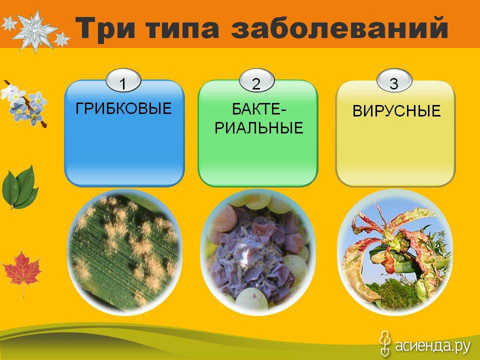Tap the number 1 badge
[x=123, y=81]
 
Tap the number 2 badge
[x=256, y=81]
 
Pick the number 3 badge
[x=394, y=81]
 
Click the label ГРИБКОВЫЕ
[x=123, y=108]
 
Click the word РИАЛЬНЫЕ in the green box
[x=258, y=127]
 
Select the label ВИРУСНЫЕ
[x=396, y=111]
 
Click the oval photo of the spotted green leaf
[x=124, y=251]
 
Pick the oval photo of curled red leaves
[x=395, y=251]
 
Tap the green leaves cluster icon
[x=20, y=187]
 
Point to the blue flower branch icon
[x=24, y=104]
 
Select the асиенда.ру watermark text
[x=432, y=346]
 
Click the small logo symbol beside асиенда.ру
[x=385, y=343]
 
